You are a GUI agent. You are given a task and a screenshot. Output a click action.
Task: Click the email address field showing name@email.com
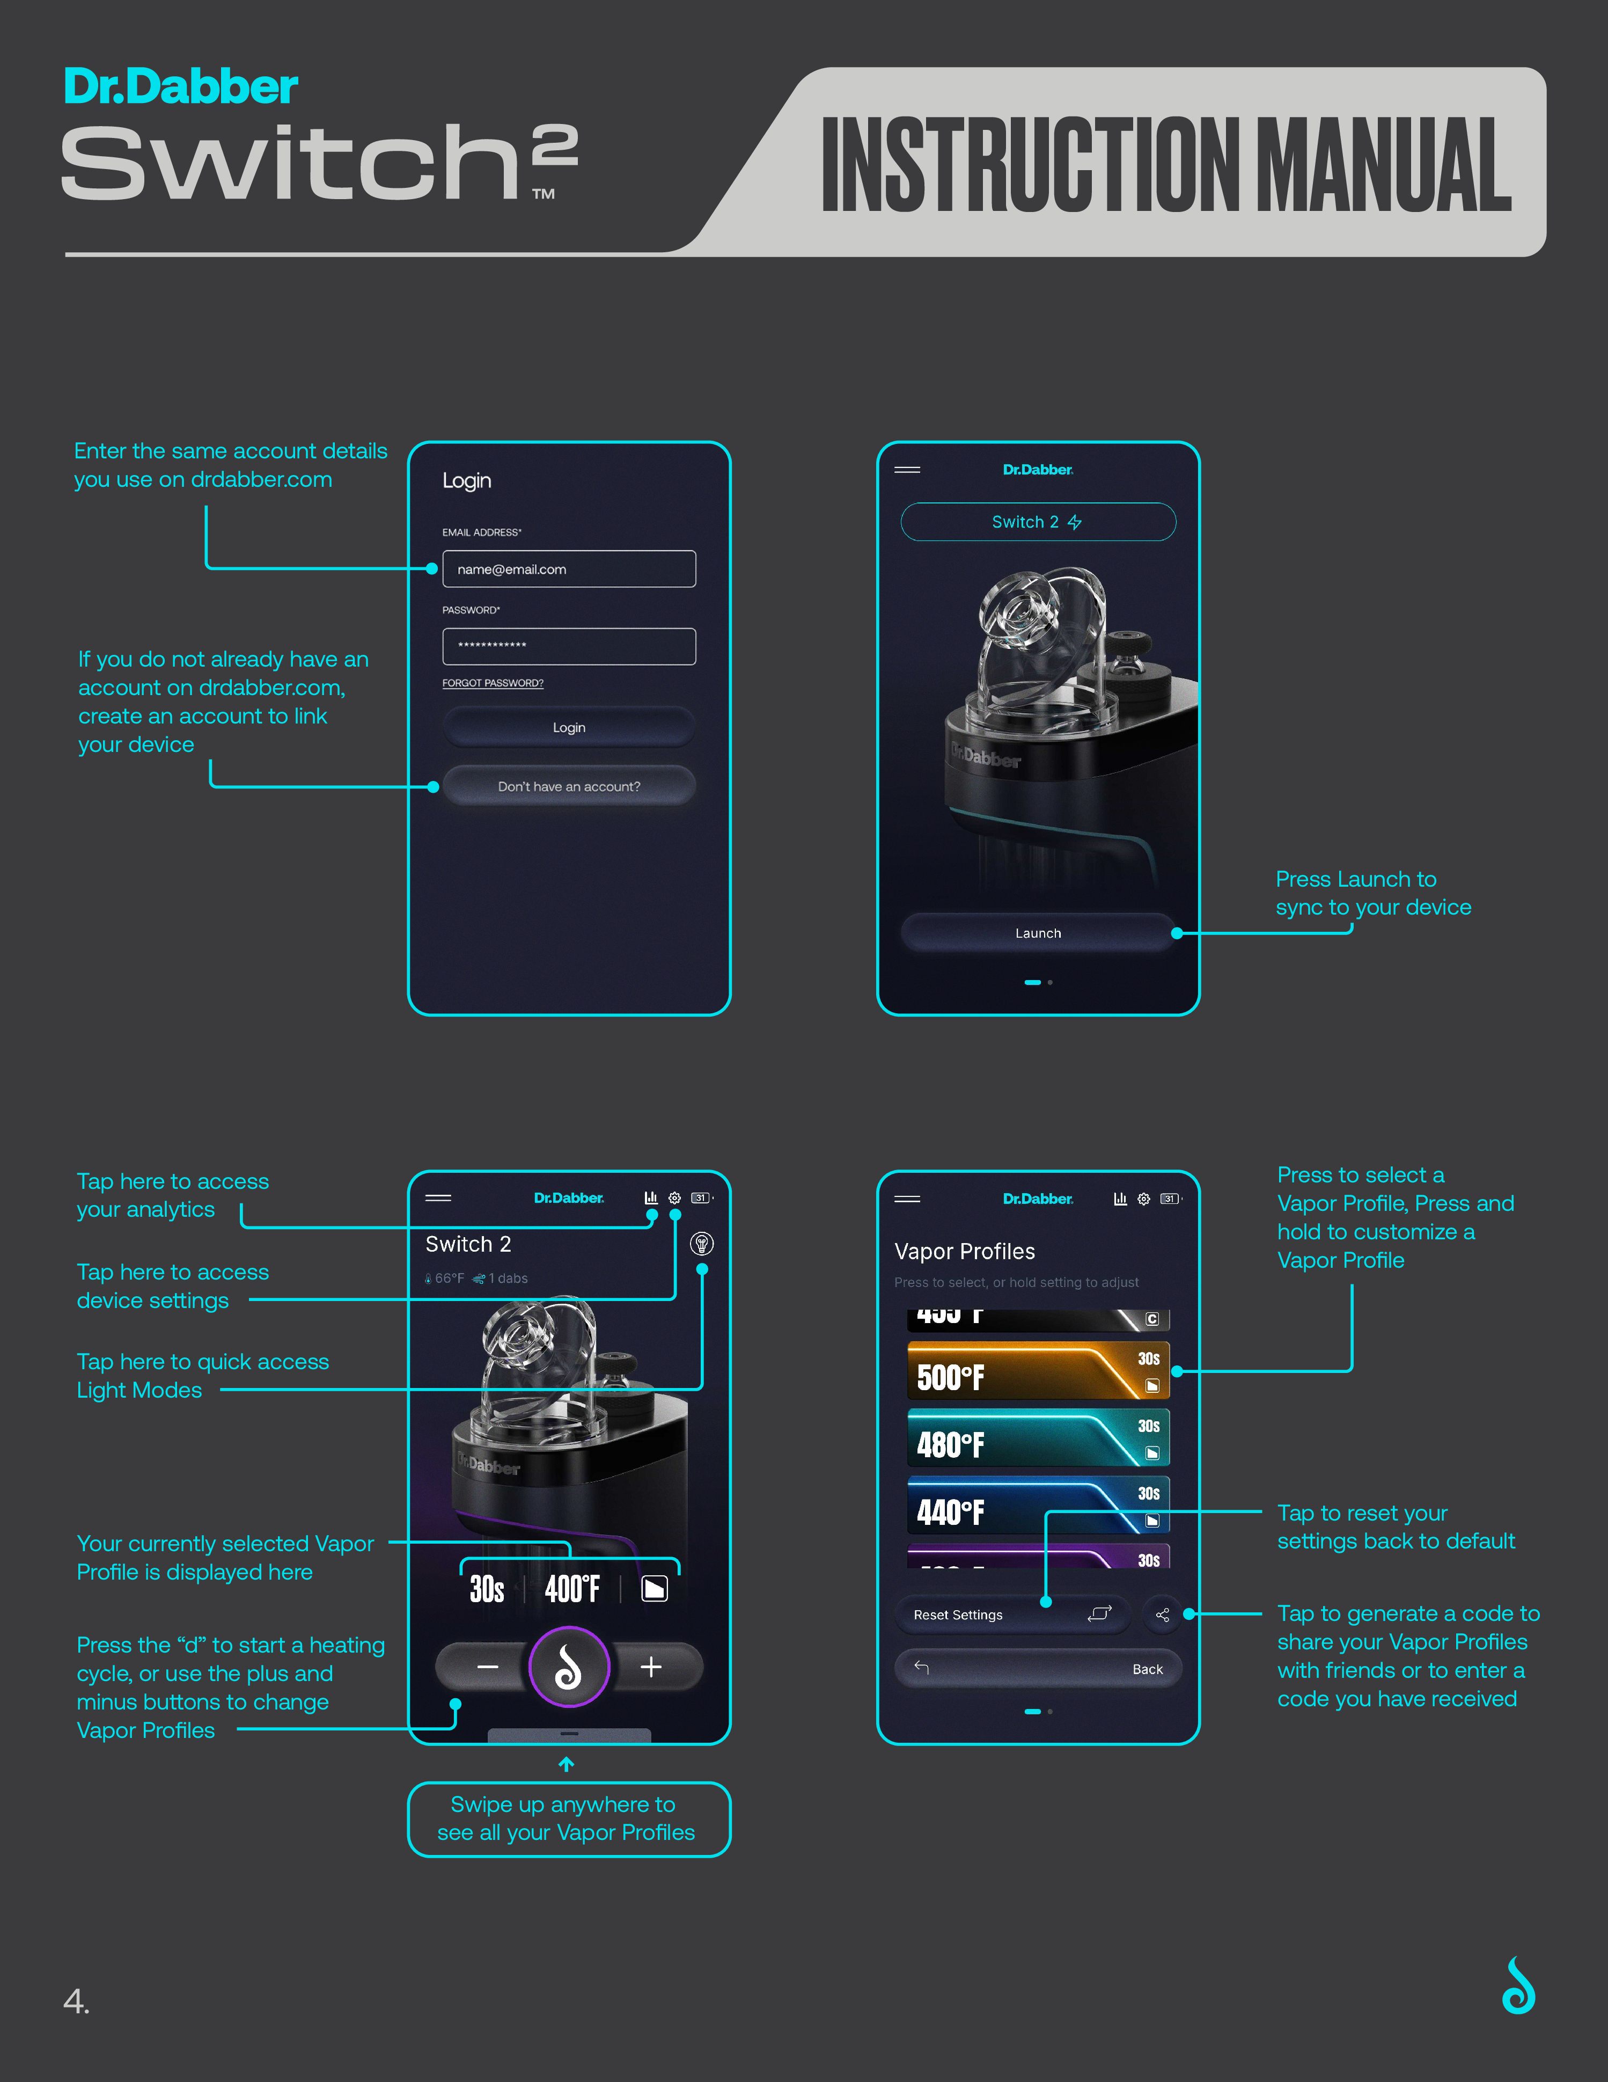click(569, 569)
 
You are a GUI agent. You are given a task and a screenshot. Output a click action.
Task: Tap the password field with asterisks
click(569, 646)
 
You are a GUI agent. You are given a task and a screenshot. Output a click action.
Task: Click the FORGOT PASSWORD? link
click(493, 683)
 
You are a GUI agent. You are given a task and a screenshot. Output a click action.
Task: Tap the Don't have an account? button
click(569, 786)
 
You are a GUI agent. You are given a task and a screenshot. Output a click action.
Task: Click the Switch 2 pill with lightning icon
click(1038, 522)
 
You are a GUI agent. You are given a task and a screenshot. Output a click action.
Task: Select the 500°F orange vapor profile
click(1038, 1371)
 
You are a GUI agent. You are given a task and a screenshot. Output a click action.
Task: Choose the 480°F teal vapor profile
click(1038, 1437)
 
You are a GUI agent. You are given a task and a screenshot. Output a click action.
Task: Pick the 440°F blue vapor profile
click(1038, 1505)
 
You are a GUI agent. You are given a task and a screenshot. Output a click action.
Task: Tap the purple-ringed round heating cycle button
click(569, 1667)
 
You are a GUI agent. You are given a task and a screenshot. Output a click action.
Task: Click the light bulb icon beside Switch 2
click(702, 1244)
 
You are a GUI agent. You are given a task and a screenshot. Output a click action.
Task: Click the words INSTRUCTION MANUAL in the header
click(1166, 165)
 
